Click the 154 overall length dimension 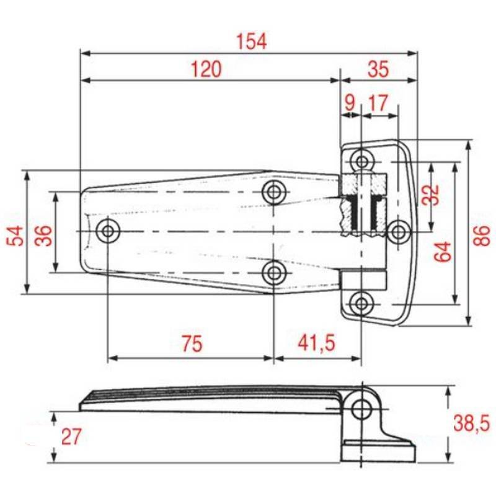click(251, 42)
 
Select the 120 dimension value click(205, 69)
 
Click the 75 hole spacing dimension click(192, 343)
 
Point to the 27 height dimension click(71, 436)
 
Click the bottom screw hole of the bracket click(361, 303)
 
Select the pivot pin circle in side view click(360, 409)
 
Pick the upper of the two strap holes click(273, 192)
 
